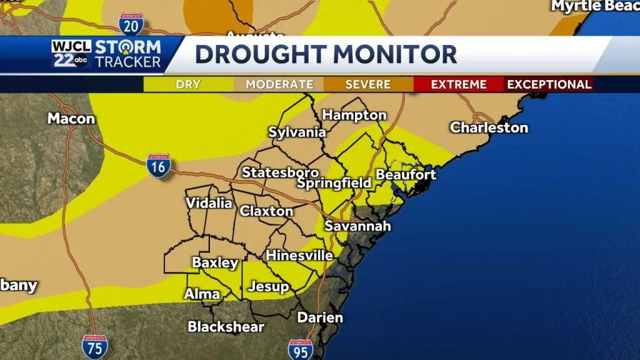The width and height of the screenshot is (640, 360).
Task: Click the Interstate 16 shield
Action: pyautogui.click(x=159, y=166)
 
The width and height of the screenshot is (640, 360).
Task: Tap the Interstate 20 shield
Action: pyautogui.click(x=131, y=23)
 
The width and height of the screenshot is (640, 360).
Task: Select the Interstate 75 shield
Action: pyautogui.click(x=94, y=346)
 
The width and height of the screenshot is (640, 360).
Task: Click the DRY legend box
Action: pyautogui.click(x=188, y=84)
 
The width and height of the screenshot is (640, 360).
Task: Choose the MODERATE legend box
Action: pyautogui.click(x=279, y=84)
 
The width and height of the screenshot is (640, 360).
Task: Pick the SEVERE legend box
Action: pyautogui.click(x=369, y=84)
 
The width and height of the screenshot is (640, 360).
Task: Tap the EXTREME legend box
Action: pyautogui.click(x=459, y=84)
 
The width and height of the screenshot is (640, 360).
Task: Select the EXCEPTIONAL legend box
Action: pyautogui.click(x=549, y=84)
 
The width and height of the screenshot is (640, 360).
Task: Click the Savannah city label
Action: pyautogui.click(x=357, y=226)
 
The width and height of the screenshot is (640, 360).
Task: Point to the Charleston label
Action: pyautogui.click(x=489, y=127)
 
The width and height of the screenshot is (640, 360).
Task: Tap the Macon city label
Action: pyautogui.click(x=71, y=118)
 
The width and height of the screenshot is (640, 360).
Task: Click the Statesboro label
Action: pyautogui.click(x=272, y=172)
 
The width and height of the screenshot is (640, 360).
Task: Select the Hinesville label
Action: pyautogui.click(x=299, y=255)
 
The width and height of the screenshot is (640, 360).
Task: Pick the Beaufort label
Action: pyautogui.click(x=406, y=174)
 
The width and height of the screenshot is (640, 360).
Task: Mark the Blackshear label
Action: pyautogui.click(x=226, y=326)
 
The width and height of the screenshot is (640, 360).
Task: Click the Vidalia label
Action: pyautogui.click(x=209, y=203)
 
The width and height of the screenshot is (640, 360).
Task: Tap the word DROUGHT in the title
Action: pyautogui.click(x=263, y=54)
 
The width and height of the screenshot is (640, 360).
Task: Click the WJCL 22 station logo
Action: pyautogui.click(x=71, y=54)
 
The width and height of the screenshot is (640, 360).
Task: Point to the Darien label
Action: pyautogui.click(x=320, y=317)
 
